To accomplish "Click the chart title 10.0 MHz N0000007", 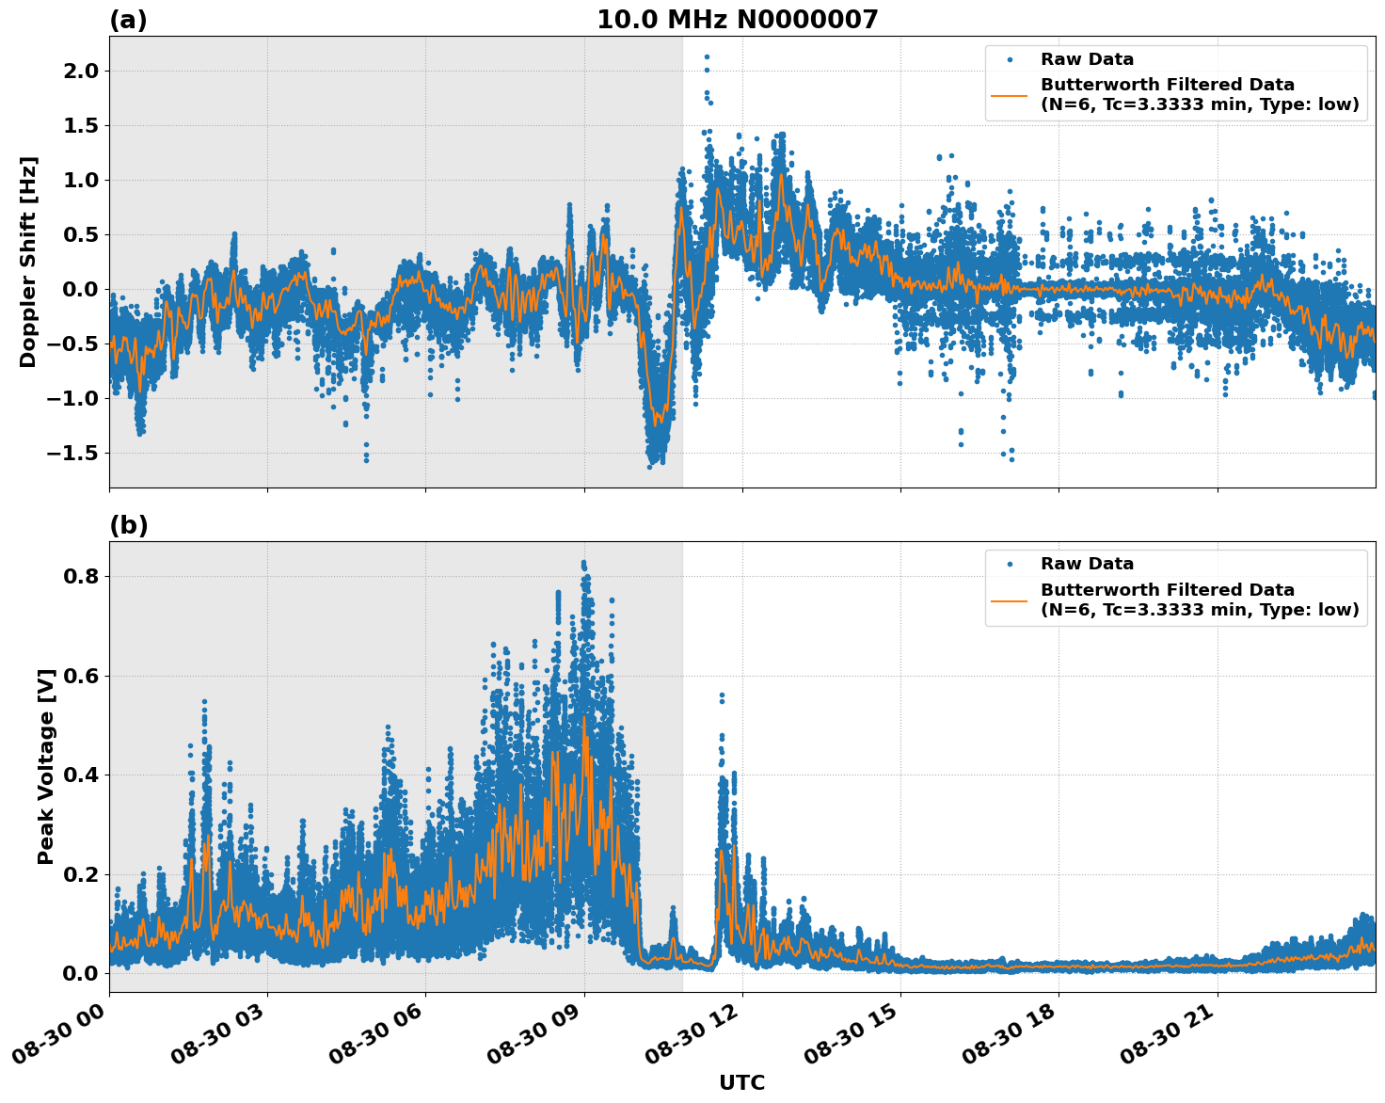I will [x=737, y=20].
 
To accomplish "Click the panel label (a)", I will [x=128, y=20].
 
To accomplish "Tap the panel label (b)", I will [x=128, y=525].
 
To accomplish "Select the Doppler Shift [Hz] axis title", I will [x=28, y=262].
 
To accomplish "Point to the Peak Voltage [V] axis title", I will [x=46, y=766].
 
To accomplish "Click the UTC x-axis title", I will [x=741, y=1082].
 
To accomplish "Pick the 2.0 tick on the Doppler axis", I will [x=80, y=71].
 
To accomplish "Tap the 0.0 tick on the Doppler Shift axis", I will [x=80, y=289].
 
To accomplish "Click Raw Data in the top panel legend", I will [x=1087, y=59].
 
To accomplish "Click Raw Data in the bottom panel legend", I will [x=1087, y=564].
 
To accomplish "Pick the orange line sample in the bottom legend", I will [x=1010, y=599].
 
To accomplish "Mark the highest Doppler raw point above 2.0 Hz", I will [x=707, y=56].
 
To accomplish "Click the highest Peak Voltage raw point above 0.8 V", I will [x=583, y=563].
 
